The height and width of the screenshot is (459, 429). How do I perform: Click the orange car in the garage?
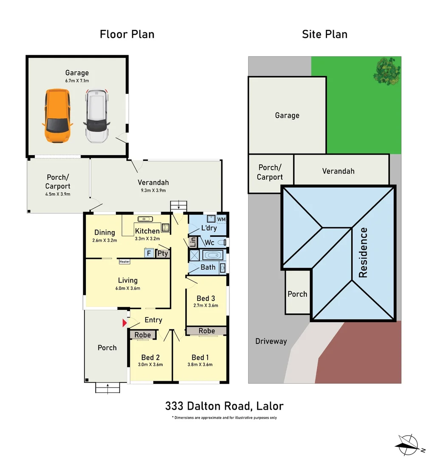(57, 116)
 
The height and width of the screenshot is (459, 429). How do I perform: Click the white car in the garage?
(96, 116)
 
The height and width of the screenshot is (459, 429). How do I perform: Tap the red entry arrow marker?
(124, 323)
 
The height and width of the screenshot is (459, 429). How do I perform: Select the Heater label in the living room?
(124, 262)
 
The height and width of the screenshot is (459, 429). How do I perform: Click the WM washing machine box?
(221, 219)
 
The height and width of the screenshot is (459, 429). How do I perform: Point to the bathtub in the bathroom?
(212, 255)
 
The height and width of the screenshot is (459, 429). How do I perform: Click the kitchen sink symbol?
(145, 219)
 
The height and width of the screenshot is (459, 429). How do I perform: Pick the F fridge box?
(149, 253)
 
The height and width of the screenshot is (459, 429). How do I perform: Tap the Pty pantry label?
(163, 253)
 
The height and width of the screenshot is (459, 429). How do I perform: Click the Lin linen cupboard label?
(193, 242)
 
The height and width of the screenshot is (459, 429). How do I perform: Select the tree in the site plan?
(387, 71)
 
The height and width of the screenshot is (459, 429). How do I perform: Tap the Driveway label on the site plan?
(271, 341)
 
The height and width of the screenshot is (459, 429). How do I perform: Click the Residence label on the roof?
(363, 252)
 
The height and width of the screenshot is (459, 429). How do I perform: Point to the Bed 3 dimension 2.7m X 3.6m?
(206, 305)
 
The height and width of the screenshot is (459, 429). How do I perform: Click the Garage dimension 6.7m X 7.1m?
(77, 80)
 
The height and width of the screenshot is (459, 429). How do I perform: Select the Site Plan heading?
(325, 34)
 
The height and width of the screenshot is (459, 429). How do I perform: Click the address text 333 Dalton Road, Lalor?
(224, 406)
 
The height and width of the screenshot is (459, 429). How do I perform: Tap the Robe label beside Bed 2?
(143, 334)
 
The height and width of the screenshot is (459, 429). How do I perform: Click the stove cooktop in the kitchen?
(165, 227)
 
